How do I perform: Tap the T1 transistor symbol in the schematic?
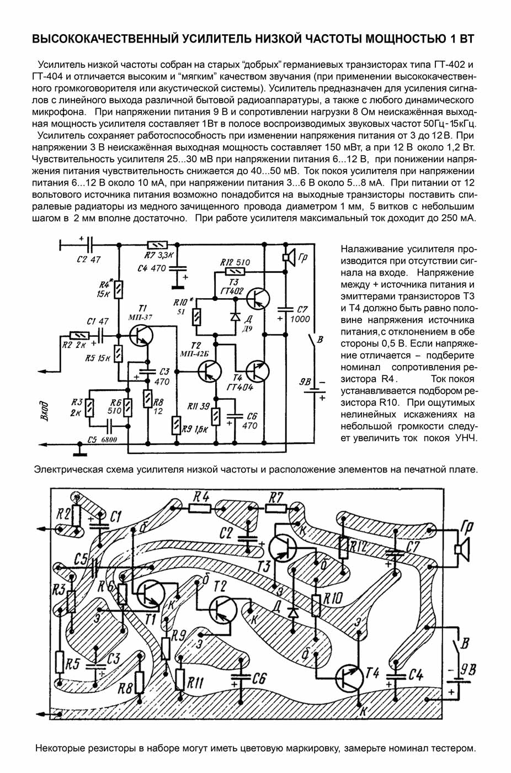(x=141, y=335)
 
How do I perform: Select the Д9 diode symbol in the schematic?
(x=236, y=315)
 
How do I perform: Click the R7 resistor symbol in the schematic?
(x=157, y=245)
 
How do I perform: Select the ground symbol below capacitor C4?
(x=178, y=287)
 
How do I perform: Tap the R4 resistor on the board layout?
(x=200, y=508)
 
